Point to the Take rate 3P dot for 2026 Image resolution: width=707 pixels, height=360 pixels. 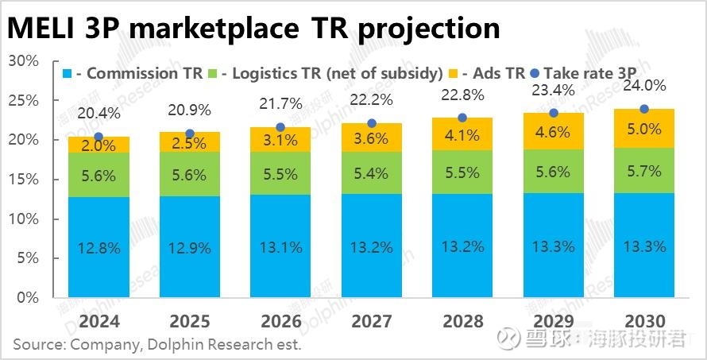[280, 127]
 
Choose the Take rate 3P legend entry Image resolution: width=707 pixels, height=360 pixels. [585, 73]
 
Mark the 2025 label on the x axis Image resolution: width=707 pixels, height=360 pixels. [189, 321]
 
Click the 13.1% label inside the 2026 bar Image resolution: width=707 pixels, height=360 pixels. [280, 247]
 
